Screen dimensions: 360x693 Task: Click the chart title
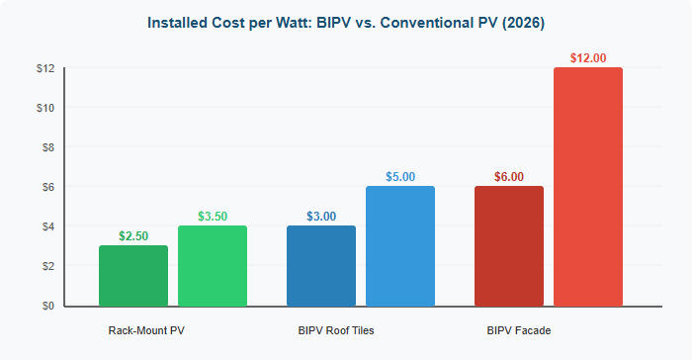click(345, 21)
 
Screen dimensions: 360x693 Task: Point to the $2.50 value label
click(133, 236)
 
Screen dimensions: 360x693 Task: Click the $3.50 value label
click(213, 217)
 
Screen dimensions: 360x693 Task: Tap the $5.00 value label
click(400, 177)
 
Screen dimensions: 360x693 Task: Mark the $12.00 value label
click(588, 58)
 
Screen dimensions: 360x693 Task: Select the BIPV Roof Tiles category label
click(335, 328)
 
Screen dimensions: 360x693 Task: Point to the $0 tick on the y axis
click(44, 306)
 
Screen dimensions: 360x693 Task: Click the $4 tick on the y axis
click(44, 226)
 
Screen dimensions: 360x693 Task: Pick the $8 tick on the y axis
click(44, 147)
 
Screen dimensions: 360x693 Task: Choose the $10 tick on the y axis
click(43, 108)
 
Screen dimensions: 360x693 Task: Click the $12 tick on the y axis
click(43, 68)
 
